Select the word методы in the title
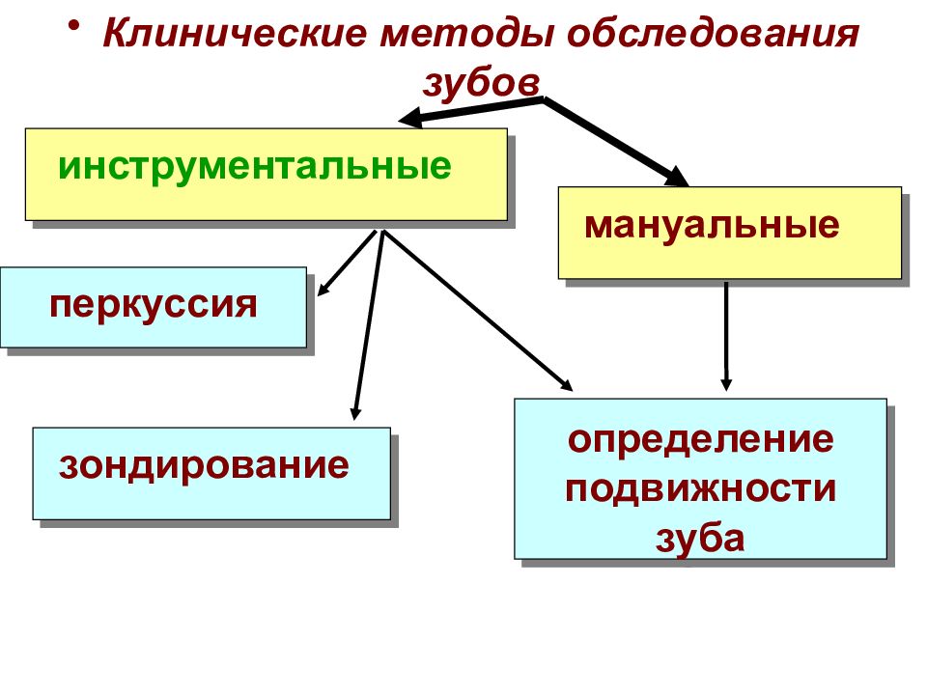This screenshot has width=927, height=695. click(x=466, y=35)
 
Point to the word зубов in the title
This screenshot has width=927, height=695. click(x=481, y=82)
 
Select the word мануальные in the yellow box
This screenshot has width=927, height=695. click(x=712, y=226)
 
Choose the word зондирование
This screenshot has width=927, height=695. click(x=204, y=465)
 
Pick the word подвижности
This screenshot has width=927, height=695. click(x=701, y=489)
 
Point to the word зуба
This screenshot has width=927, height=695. click(x=700, y=539)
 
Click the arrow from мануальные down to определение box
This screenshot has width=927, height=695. click(x=726, y=336)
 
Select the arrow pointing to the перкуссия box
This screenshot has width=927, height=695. click(x=347, y=263)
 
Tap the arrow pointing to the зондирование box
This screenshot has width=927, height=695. click(x=369, y=325)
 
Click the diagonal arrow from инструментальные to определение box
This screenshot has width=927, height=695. click(x=478, y=310)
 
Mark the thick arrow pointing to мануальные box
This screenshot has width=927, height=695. click(x=616, y=142)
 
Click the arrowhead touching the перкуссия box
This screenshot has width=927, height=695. click(x=323, y=290)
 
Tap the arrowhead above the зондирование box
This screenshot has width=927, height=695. click(x=354, y=412)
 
